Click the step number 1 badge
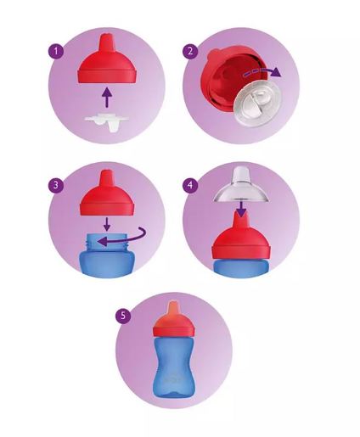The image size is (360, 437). coord(56,51)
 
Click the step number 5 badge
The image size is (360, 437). coord(124,315)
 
